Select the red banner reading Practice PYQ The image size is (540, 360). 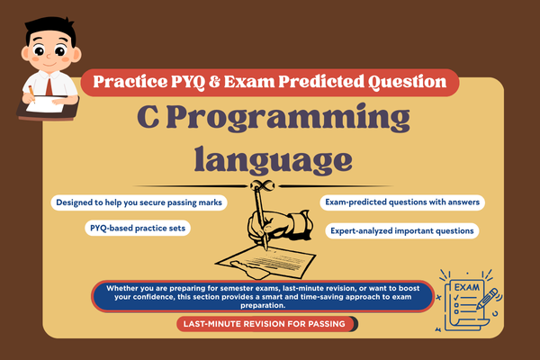pos(270,83)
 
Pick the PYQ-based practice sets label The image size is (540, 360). pos(136,229)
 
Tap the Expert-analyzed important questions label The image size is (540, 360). pos(402,230)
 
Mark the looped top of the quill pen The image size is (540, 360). pos(261,185)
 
